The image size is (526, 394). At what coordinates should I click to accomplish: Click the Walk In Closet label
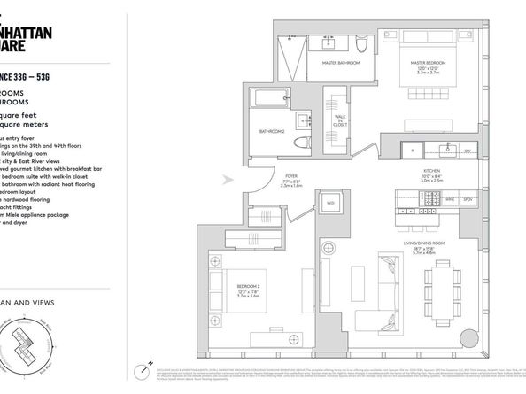[x=338, y=123]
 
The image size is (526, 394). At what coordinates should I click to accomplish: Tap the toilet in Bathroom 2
[x=299, y=145]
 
